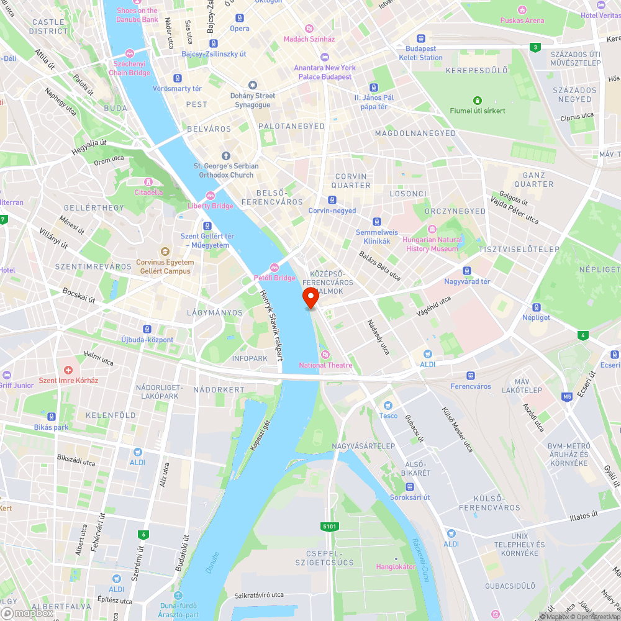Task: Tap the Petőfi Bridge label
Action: coord(274,278)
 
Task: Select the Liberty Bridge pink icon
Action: coord(211,196)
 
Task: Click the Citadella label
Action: coord(148,192)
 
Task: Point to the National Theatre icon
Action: coord(324,355)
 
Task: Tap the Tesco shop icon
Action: coord(388,406)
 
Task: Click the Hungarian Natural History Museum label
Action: coord(432,244)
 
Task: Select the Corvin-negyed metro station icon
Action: coord(332,200)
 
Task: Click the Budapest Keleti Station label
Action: coord(421,53)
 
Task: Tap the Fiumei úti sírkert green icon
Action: coord(477,100)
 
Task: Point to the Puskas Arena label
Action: coord(522,20)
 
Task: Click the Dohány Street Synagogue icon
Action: coord(253,85)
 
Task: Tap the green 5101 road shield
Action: coord(330,527)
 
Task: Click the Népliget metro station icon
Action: coord(536,307)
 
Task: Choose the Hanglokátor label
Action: coord(396,566)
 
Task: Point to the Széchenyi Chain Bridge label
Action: coord(130,68)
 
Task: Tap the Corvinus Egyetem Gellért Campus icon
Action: coord(165,252)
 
